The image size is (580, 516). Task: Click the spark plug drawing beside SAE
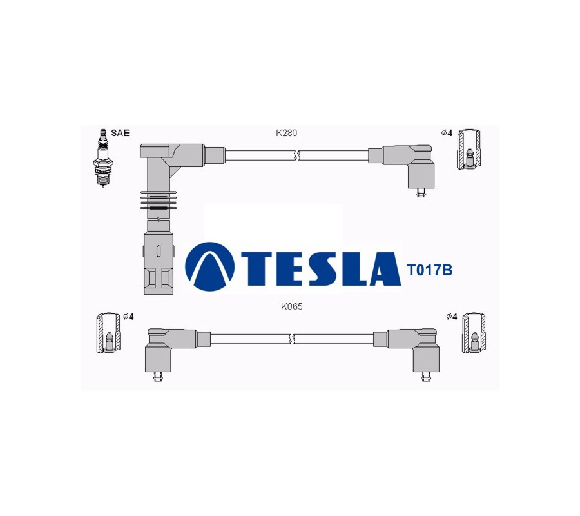click(x=102, y=158)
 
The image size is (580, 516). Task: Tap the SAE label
click(x=121, y=134)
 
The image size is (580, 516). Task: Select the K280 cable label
click(x=286, y=133)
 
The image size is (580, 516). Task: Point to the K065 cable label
click(x=291, y=306)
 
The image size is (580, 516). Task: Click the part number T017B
click(x=429, y=270)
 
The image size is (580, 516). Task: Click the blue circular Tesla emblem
click(x=209, y=266)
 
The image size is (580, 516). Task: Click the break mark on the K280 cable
click(x=296, y=155)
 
